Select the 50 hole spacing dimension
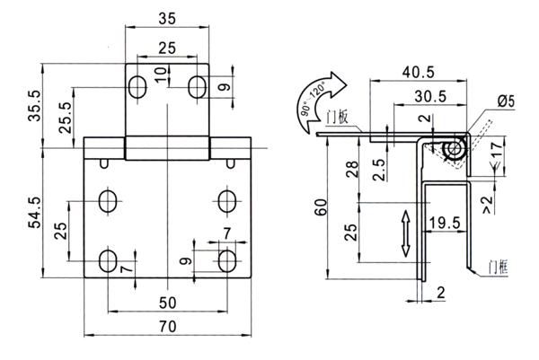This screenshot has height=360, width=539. point(167,303)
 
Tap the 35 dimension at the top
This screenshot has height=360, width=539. point(166,18)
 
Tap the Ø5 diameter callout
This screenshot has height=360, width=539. point(505,101)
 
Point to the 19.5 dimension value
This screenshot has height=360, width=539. point(443,221)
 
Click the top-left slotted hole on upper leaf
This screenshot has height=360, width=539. point(137,87)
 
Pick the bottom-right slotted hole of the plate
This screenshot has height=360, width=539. point(227,261)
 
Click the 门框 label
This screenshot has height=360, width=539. point(495,267)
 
